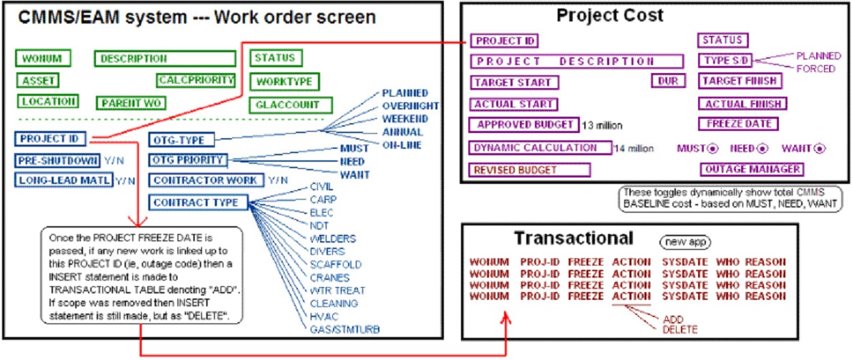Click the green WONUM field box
tap(42, 59)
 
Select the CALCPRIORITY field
tap(196, 80)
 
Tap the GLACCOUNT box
tap(284, 105)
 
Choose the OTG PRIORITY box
tap(187, 160)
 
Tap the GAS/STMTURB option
tap(345, 329)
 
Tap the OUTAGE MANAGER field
tap(750, 170)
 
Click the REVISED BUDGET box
tap(530, 170)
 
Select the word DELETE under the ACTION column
tap(680, 329)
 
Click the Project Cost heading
tap(619, 14)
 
